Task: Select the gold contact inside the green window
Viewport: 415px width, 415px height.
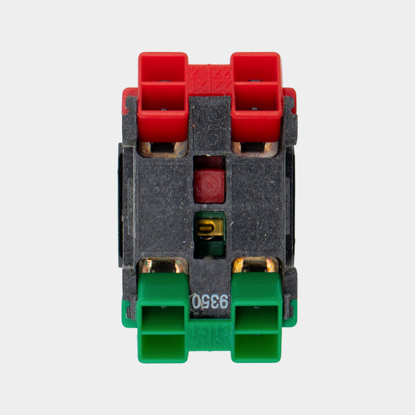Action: pyautogui.click(x=209, y=228)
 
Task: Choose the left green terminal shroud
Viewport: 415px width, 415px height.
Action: pyautogui.click(x=164, y=317)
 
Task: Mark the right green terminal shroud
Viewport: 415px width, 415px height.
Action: pyautogui.click(x=256, y=317)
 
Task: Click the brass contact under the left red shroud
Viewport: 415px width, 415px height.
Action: pyautogui.click(x=164, y=148)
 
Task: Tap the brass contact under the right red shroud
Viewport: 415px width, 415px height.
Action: pyautogui.click(x=255, y=148)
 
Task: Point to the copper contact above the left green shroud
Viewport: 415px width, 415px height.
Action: pyautogui.click(x=164, y=265)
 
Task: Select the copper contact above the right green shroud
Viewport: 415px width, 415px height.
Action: pyautogui.click(x=256, y=265)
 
